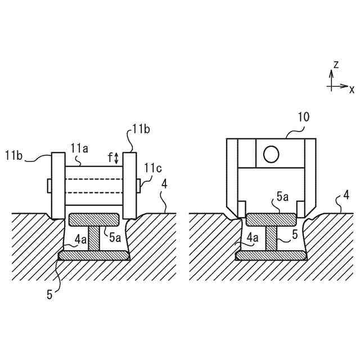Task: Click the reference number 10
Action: (x=304, y=117)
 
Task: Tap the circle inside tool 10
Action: (x=271, y=154)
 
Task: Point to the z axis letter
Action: (x=336, y=65)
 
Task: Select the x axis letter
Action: (x=352, y=89)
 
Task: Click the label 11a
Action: (x=79, y=148)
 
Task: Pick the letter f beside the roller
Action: (x=110, y=158)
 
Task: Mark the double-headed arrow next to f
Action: (x=116, y=158)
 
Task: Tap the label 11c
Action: (x=152, y=168)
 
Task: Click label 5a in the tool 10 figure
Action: (x=282, y=196)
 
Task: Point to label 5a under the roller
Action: (x=115, y=238)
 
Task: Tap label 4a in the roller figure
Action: (x=80, y=239)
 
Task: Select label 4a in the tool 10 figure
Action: (x=253, y=239)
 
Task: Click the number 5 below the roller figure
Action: (x=49, y=294)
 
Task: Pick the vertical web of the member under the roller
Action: (x=94, y=238)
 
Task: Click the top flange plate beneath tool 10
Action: (x=271, y=218)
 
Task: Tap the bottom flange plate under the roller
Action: (x=94, y=255)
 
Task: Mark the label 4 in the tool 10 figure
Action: (x=346, y=196)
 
